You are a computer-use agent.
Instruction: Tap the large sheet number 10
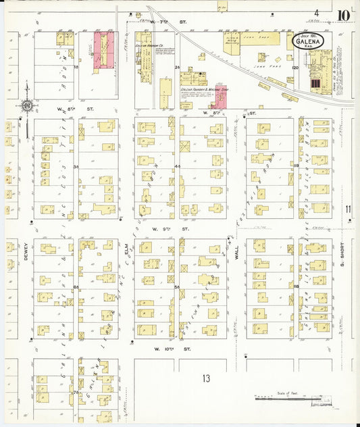pyautogui.click(x=344, y=15)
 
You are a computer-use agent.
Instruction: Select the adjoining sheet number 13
pyautogui.click(x=206, y=378)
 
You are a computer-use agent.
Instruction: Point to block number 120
pyautogui.click(x=294, y=68)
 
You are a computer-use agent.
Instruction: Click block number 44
pyautogui.click(x=176, y=166)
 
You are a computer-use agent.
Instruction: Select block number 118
pyautogui.click(x=296, y=286)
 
